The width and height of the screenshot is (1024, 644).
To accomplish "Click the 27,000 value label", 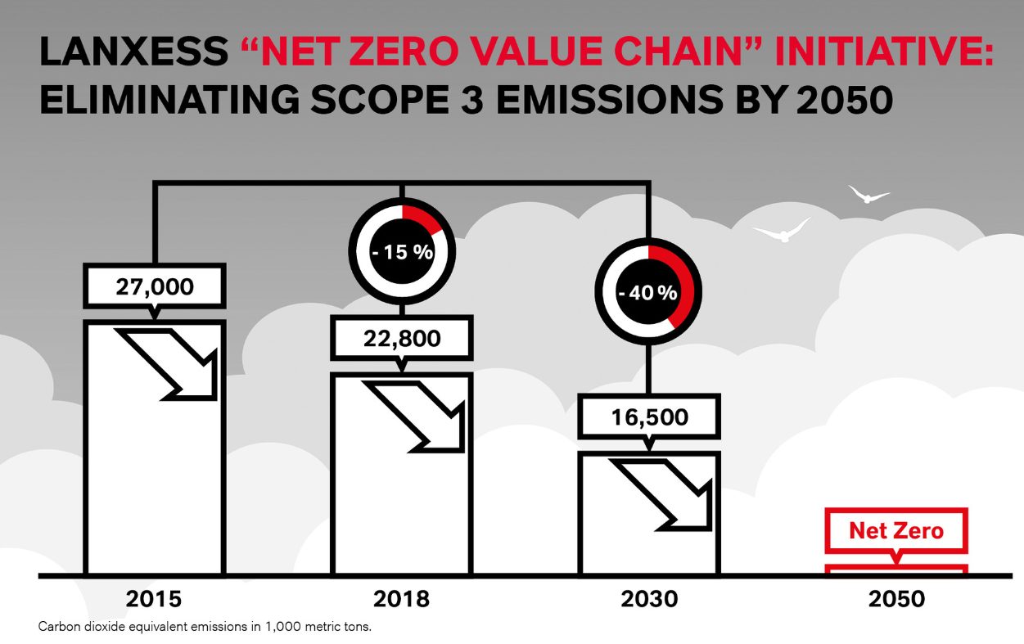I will pyautogui.click(x=154, y=287).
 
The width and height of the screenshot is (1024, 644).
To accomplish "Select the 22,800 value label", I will pyautogui.click(x=401, y=338).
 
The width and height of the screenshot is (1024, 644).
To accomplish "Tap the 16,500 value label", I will pyautogui.click(x=649, y=417).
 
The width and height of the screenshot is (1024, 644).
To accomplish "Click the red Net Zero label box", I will pyautogui.click(x=896, y=530).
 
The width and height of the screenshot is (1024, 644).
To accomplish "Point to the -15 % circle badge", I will pyautogui.click(x=401, y=251).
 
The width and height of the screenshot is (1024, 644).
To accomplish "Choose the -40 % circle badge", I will pyautogui.click(x=648, y=292).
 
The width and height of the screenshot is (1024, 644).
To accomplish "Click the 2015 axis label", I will pyautogui.click(x=154, y=599).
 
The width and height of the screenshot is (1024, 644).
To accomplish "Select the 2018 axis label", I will pyautogui.click(x=401, y=599).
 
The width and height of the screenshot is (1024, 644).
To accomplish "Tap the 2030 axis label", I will pyautogui.click(x=649, y=599).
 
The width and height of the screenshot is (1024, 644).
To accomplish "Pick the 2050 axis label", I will pyautogui.click(x=896, y=599).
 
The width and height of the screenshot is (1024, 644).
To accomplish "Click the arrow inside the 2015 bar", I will pyautogui.click(x=173, y=363).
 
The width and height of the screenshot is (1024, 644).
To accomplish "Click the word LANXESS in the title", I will pyautogui.click(x=133, y=53).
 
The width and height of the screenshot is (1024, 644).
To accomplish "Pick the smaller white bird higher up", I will pyautogui.click(x=868, y=195).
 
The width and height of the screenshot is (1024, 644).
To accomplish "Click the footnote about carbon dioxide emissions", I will pyautogui.click(x=205, y=627).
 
